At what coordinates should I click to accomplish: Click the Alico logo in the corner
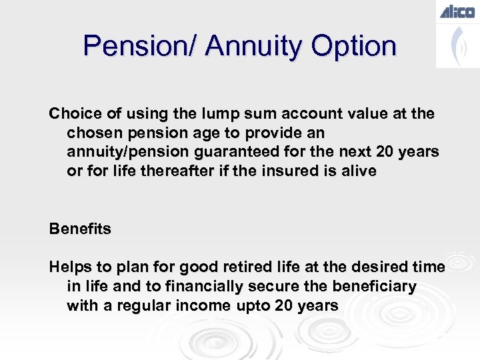point(457,11)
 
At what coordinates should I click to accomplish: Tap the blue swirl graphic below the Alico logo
point(457,45)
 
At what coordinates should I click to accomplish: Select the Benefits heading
point(80,229)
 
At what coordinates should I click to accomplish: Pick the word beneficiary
point(373,287)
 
